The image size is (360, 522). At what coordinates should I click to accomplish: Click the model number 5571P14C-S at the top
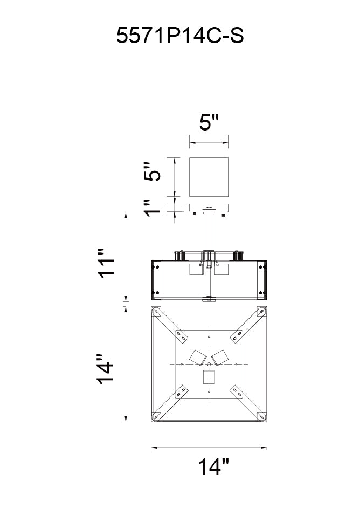pyautogui.click(x=180, y=36)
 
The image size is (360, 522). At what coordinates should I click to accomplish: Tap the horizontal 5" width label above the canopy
pyautogui.click(x=210, y=122)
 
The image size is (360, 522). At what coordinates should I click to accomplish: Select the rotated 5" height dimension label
pyautogui.click(x=153, y=172)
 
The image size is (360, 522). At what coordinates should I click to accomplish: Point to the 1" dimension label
pyautogui.click(x=153, y=208)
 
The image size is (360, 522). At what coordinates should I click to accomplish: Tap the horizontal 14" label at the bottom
pyautogui.click(x=213, y=466)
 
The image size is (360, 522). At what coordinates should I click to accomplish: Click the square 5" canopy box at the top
pyautogui.click(x=209, y=177)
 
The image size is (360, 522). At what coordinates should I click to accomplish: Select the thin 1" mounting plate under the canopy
pyautogui.click(x=209, y=208)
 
